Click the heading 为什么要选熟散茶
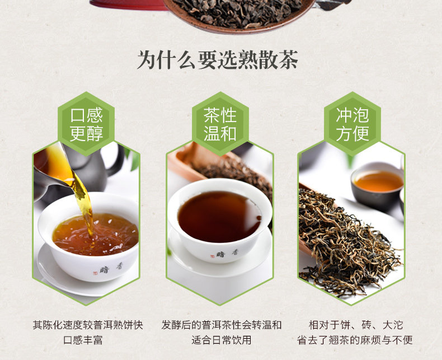(x=218, y=59)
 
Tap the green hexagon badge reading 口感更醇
(x=86, y=124)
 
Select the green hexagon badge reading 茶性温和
(x=220, y=124)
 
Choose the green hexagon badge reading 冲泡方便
(x=352, y=124)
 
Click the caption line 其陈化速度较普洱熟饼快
(x=88, y=325)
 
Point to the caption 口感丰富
(x=83, y=340)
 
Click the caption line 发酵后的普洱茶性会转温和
(x=222, y=325)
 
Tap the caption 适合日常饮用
(x=222, y=340)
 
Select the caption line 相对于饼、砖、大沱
(x=355, y=325)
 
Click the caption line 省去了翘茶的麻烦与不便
(x=355, y=340)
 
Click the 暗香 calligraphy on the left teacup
(x=111, y=268)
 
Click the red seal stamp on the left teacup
(x=95, y=273)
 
